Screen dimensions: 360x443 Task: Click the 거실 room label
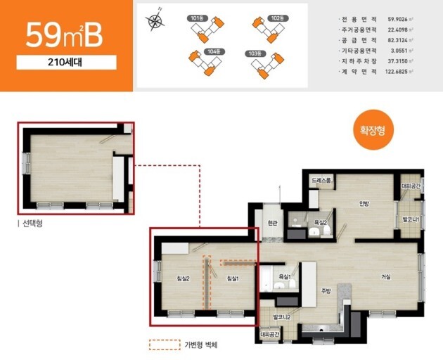click(x=386, y=276)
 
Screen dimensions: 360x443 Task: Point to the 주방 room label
click(x=326, y=290)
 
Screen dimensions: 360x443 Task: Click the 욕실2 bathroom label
click(x=321, y=223)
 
